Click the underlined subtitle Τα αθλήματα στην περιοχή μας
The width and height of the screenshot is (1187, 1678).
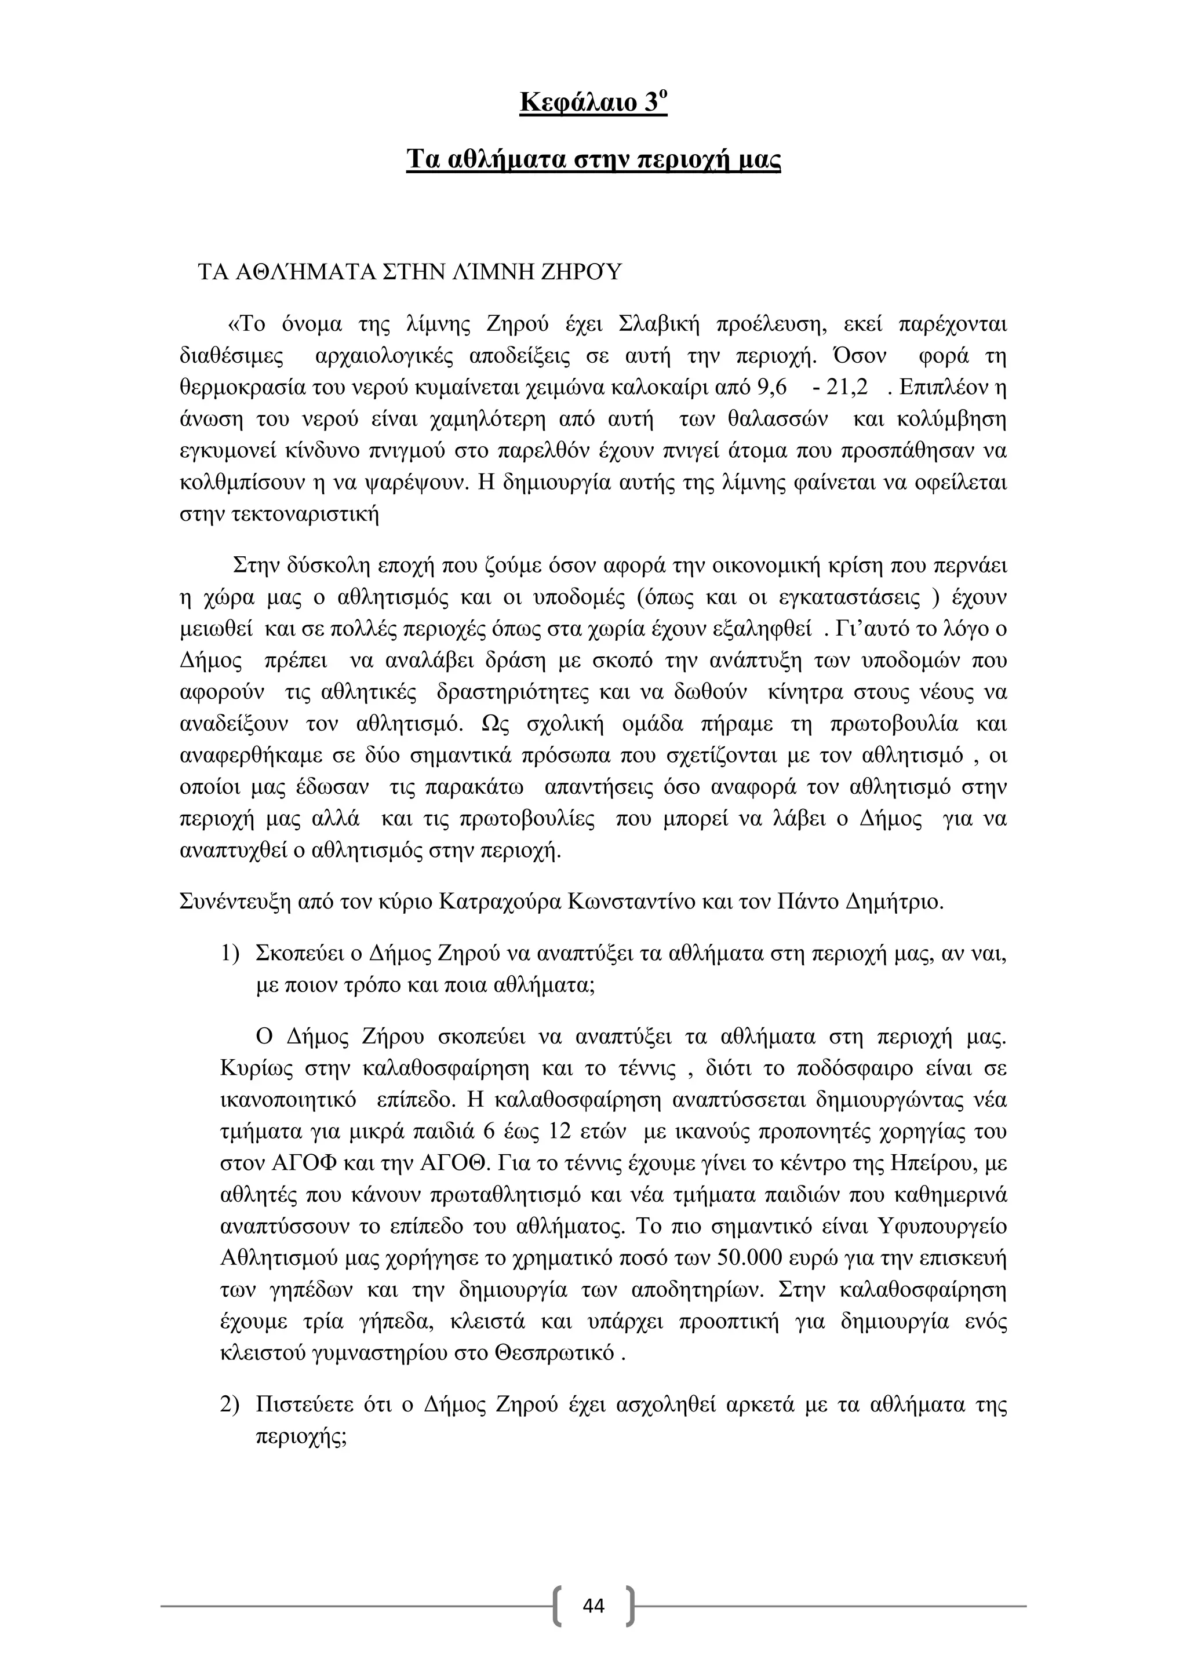[593, 159]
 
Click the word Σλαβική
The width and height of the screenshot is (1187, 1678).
[658, 324]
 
